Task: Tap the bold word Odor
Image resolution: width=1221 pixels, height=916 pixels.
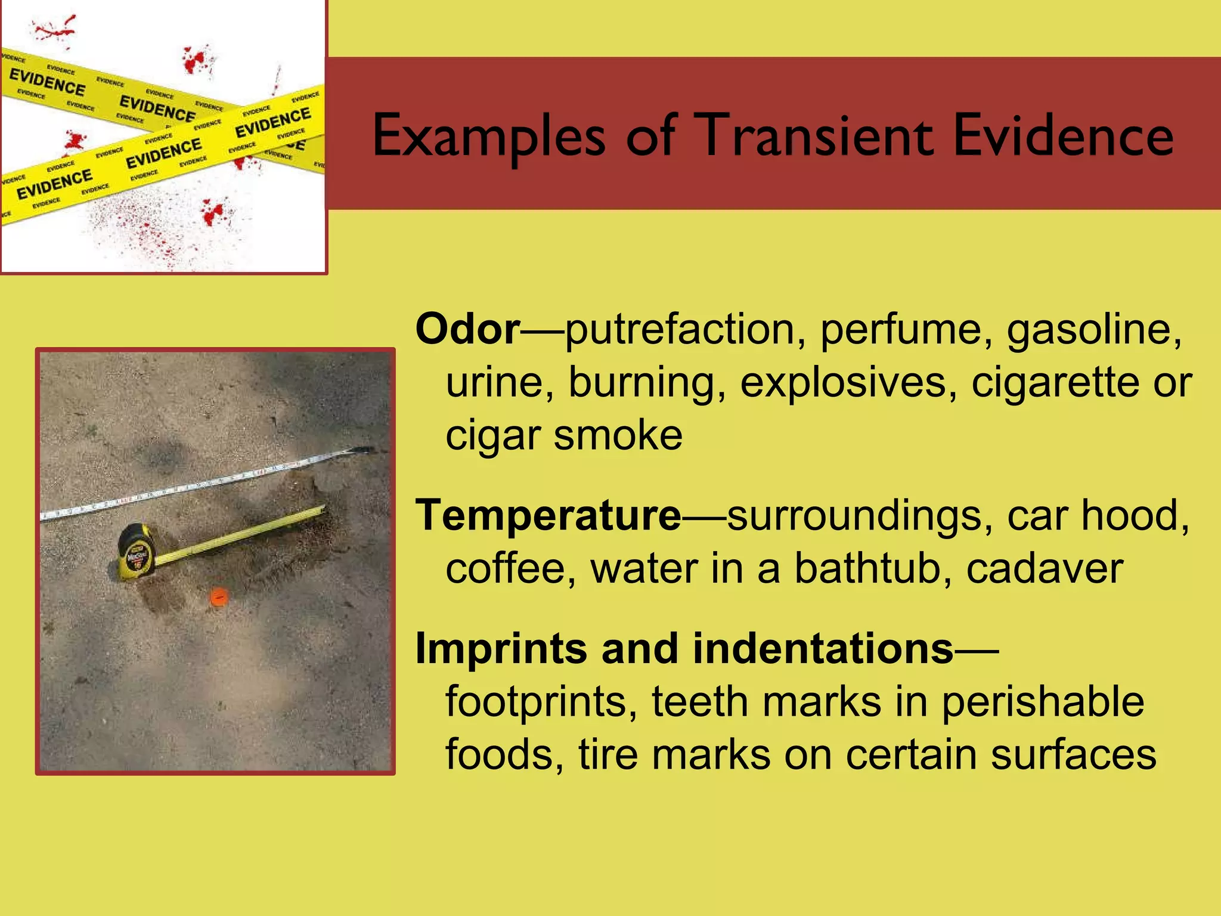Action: click(x=468, y=329)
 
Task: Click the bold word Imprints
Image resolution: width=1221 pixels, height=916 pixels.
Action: click(x=500, y=648)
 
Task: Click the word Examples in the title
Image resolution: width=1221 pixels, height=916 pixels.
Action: click(x=489, y=136)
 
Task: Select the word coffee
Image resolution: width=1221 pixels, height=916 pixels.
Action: click(x=510, y=568)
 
